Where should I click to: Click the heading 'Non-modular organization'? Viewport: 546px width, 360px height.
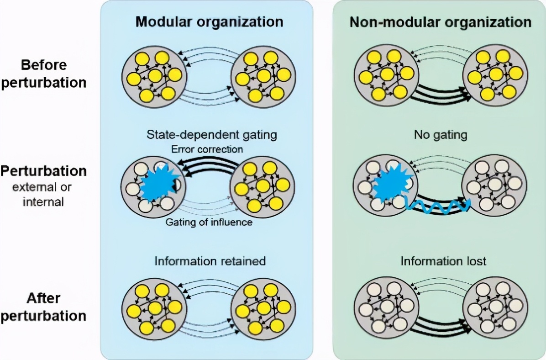coord(440,22)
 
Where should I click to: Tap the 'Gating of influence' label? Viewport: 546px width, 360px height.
coord(210,222)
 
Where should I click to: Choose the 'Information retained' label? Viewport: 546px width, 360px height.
coord(210,261)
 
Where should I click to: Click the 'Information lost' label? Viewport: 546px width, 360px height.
coord(443,261)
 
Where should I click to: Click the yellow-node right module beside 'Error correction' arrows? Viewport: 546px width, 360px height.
coord(262,187)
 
